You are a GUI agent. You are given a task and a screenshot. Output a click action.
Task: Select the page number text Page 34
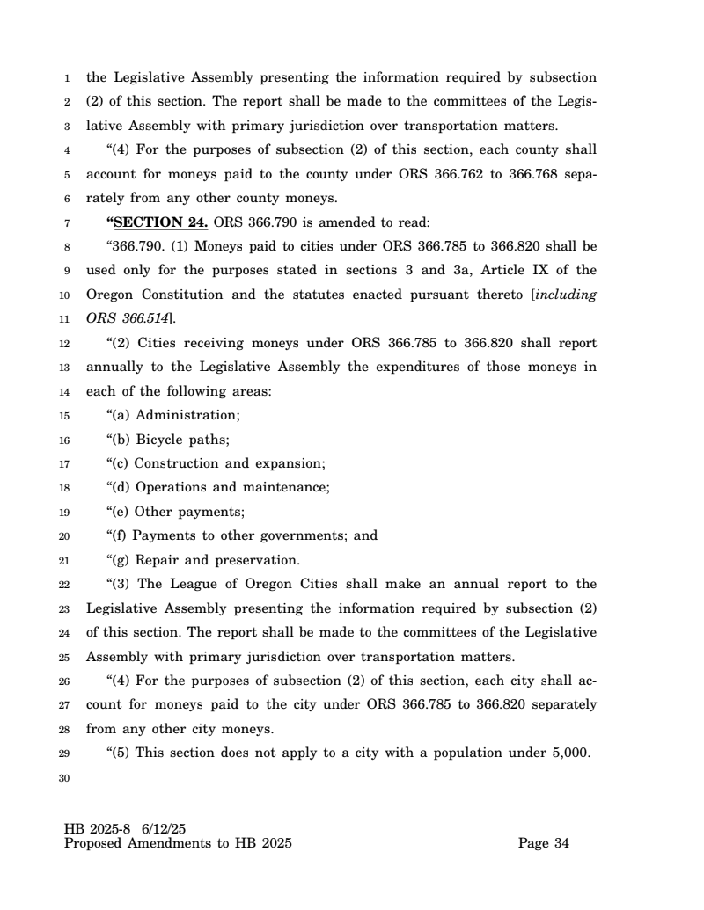544,844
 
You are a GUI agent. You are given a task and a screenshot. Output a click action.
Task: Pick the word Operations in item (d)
170,487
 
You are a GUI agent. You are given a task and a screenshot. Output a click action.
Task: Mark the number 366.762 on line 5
459,174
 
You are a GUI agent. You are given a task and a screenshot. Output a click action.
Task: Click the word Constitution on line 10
194,295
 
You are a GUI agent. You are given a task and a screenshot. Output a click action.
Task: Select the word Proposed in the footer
95,844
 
